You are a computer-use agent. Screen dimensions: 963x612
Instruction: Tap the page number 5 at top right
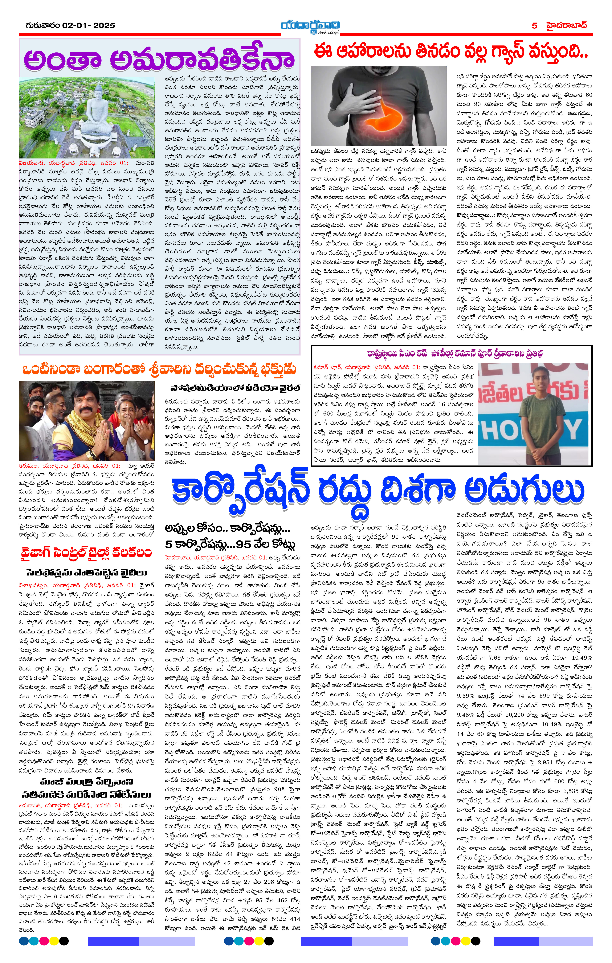[534, 26]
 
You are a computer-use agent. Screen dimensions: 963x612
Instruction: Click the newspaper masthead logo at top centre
[310, 26]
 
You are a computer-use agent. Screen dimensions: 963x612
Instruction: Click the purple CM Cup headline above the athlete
[451, 354]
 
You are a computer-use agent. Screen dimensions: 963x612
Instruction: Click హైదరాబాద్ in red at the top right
[566, 26]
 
